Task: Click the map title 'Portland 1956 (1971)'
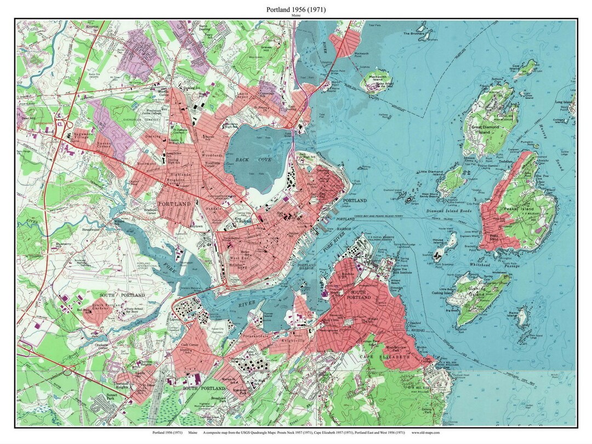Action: [295, 9]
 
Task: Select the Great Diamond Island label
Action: [480, 129]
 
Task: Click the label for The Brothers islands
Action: [414, 33]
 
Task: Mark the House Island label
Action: [437, 240]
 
